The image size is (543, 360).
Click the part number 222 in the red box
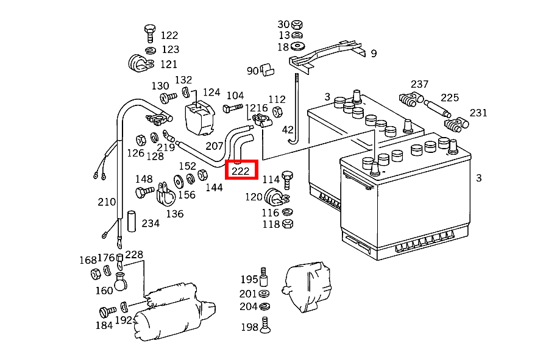point(241,171)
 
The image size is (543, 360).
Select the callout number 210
point(107,202)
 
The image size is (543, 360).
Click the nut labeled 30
point(297,24)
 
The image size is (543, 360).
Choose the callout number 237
point(419,84)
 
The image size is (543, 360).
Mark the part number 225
point(450,97)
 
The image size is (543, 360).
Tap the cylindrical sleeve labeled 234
point(131,221)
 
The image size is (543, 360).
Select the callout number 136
point(174,214)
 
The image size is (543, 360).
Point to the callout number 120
point(254,197)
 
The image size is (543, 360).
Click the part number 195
point(249,280)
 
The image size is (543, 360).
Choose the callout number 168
point(88,261)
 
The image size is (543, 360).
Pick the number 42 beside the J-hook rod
point(288,130)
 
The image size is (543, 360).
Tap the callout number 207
point(215,146)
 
